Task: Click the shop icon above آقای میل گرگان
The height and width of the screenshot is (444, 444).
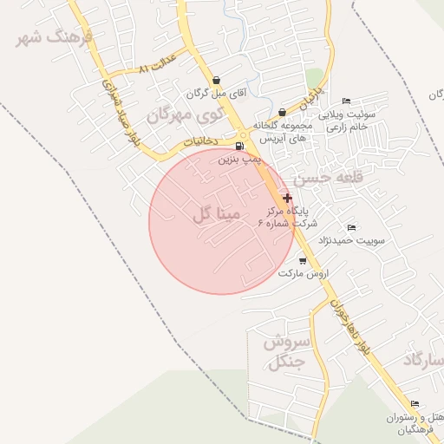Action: [x=216, y=80]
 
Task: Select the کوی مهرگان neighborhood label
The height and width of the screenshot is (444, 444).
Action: [x=185, y=114]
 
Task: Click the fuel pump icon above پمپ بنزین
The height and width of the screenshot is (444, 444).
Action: [x=239, y=146]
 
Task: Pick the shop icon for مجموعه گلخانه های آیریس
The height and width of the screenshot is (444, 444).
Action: [x=282, y=112]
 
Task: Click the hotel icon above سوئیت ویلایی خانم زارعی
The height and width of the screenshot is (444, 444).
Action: [x=347, y=101]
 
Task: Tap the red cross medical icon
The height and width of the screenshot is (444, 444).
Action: [x=288, y=198]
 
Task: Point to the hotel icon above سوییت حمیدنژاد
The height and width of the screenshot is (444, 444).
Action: [x=350, y=227]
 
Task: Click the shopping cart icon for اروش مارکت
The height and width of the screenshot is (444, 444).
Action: [x=302, y=260]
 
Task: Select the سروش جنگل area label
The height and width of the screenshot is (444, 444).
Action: [x=284, y=351]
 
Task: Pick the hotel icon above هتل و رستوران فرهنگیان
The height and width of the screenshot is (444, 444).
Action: [x=415, y=404]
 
